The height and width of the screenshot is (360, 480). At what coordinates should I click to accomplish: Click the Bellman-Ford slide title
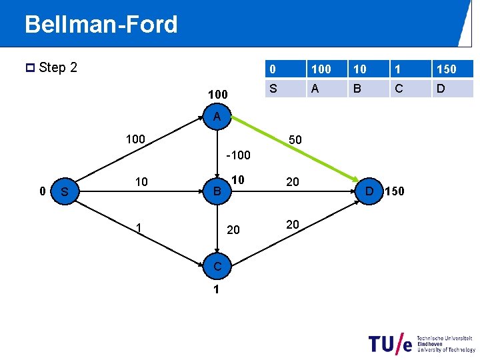(101, 25)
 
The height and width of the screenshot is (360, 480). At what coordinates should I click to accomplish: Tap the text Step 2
(58, 67)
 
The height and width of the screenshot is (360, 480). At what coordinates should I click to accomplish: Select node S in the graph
(65, 192)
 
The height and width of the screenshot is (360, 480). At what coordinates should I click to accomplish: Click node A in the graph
(217, 117)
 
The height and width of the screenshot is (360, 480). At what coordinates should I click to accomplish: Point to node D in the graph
(369, 192)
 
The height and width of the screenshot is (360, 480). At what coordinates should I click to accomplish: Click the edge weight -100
(238, 155)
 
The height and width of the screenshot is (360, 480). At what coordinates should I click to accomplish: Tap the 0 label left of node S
(42, 191)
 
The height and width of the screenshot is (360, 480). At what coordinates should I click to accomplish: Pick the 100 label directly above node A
(217, 95)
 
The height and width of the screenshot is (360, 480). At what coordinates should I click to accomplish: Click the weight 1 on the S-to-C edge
(138, 228)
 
